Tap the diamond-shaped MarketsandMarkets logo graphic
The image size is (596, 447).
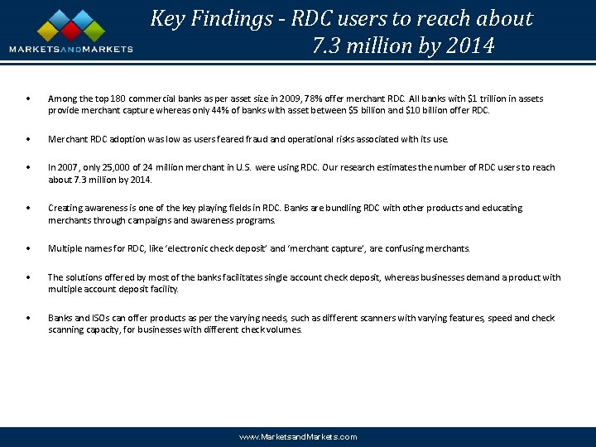pyautogui.click(x=71, y=26)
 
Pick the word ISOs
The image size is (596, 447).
pyautogui.click(x=94, y=319)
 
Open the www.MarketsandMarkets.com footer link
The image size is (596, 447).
pyautogui.click(x=298, y=436)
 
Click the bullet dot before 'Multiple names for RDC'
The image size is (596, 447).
pyautogui.click(x=29, y=248)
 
